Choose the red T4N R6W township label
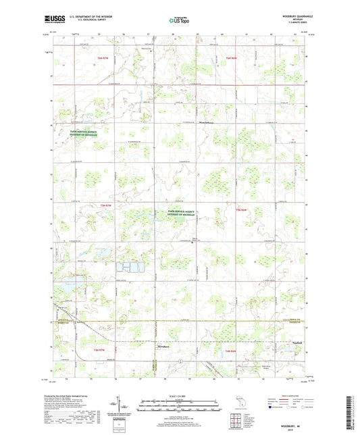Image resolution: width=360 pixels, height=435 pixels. pos(230,351)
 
